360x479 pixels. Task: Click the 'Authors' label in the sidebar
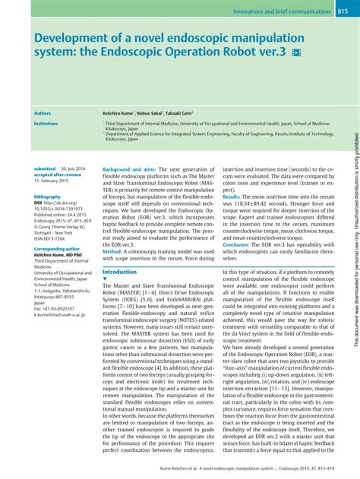(x=43, y=112)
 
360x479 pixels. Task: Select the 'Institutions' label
(x=46, y=123)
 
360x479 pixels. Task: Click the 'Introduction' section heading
(x=119, y=272)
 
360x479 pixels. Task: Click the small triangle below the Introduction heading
(x=105, y=279)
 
